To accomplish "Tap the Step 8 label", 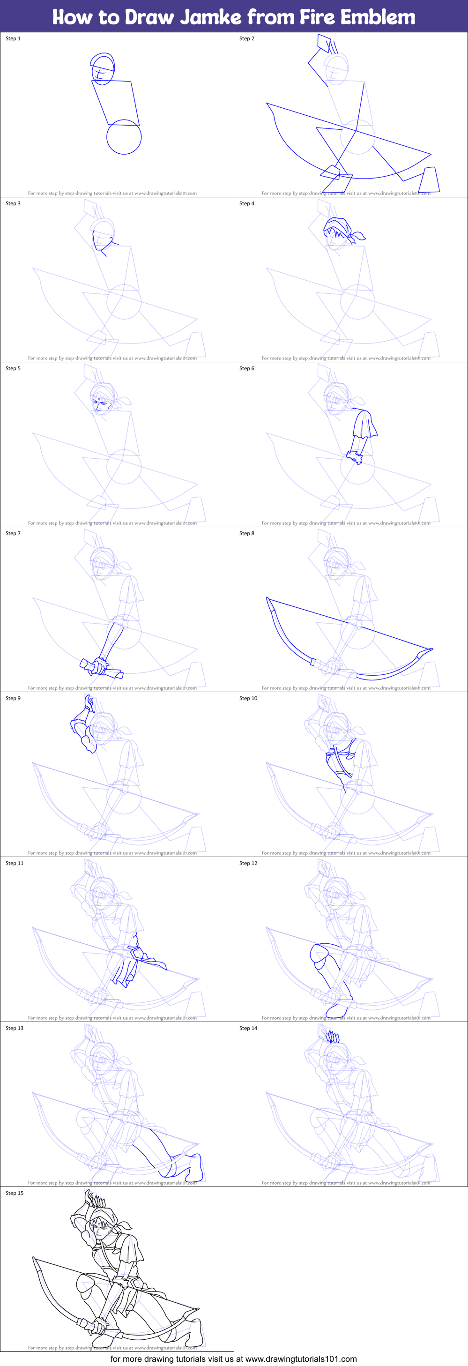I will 247,533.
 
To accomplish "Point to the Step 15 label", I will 15,1193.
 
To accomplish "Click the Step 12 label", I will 248,863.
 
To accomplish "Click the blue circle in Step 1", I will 124,137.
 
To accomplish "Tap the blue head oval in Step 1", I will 103,69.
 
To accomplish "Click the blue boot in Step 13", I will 195,1167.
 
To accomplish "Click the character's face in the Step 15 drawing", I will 100,1230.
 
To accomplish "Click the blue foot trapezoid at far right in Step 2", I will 429,180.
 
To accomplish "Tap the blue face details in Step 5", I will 100,404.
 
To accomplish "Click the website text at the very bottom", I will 234,1359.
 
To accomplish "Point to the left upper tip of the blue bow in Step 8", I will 269,600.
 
